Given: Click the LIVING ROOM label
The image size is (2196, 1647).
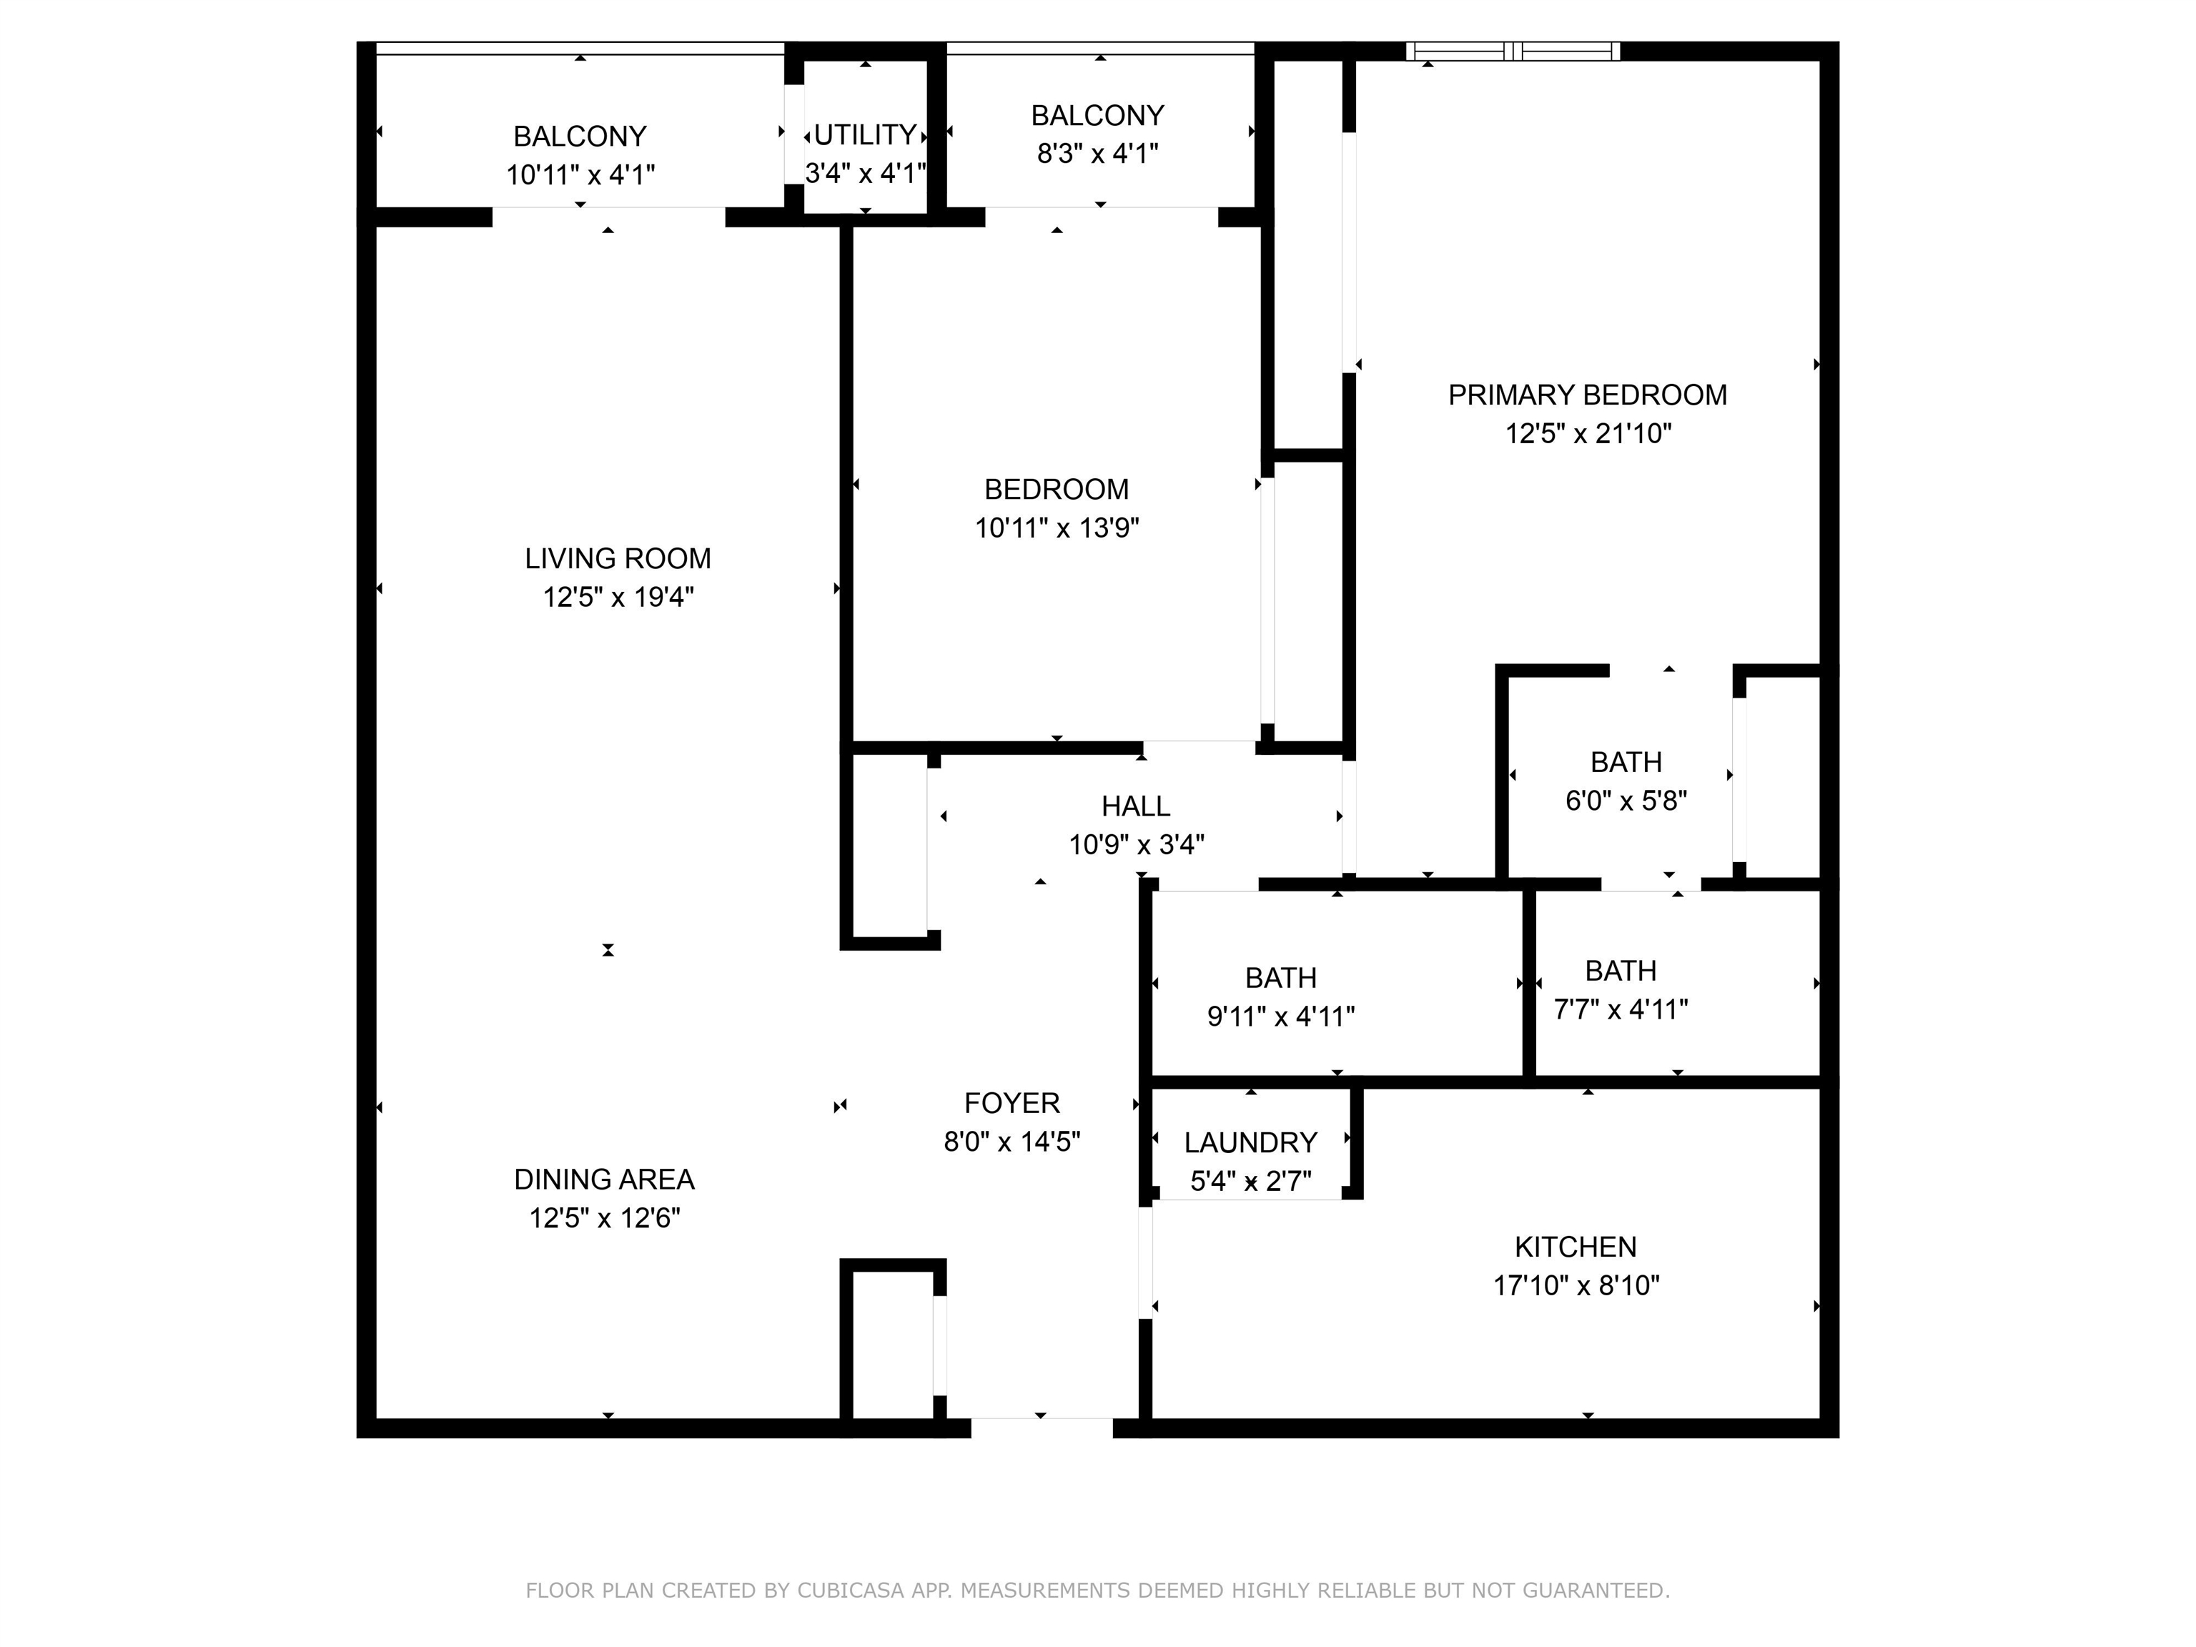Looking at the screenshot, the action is [618, 559].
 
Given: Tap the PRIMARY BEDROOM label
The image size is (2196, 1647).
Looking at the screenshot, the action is [1588, 395].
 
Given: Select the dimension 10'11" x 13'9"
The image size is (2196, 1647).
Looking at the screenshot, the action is [1057, 528].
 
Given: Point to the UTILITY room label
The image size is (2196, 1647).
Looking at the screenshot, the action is [865, 135].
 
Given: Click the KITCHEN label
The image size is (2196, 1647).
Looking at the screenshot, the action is [1576, 1247].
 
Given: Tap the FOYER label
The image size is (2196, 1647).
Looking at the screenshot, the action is [1012, 1103].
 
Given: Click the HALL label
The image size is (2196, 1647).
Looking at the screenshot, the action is [1136, 806].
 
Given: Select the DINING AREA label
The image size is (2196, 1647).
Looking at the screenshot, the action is [603, 1179].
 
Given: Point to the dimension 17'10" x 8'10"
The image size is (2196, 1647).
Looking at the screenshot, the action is [1576, 1285].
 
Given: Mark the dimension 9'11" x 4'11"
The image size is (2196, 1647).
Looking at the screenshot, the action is [1281, 1017].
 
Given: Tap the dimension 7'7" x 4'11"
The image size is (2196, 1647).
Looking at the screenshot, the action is [1621, 1009].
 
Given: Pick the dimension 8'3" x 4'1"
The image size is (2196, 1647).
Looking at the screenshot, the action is [1098, 154].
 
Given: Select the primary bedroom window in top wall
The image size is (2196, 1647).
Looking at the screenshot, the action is [1513, 51].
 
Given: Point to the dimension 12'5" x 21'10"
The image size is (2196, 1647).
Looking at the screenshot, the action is [1588, 434].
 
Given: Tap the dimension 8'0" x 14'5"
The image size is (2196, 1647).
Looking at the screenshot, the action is [1012, 1142].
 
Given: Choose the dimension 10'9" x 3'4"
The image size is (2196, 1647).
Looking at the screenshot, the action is [1136, 845].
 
